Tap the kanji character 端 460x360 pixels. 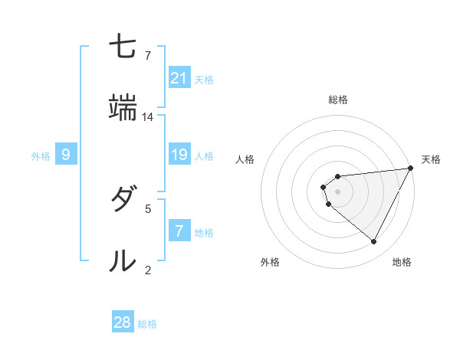click(x=123, y=109)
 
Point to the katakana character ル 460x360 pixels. click(x=123, y=261)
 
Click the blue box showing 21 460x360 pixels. click(x=179, y=77)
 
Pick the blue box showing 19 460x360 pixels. click(x=179, y=155)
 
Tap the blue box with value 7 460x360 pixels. click(x=179, y=231)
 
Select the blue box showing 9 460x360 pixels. click(x=67, y=155)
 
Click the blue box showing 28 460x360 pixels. click(x=123, y=322)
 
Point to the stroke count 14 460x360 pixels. click(x=148, y=117)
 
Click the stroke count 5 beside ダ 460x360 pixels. click(x=148, y=208)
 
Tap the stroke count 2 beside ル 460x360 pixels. click(x=148, y=270)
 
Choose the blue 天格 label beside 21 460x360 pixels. click(x=204, y=79)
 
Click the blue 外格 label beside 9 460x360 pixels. click(x=41, y=156)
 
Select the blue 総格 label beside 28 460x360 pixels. click(x=147, y=324)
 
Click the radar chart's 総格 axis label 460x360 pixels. click(x=338, y=100)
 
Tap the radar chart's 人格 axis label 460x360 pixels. click(x=245, y=159)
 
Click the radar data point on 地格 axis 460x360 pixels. click(x=374, y=242)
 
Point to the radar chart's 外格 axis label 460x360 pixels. click(x=270, y=262)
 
